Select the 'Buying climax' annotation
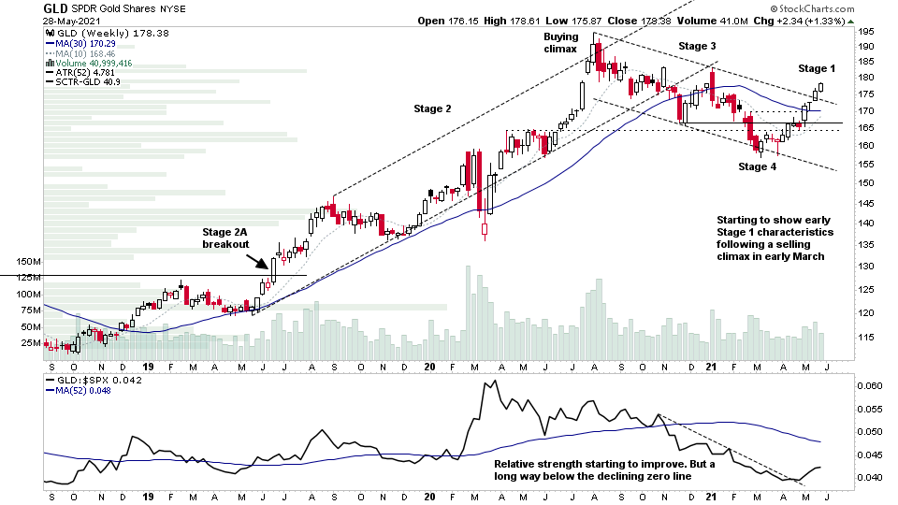(x=561, y=43)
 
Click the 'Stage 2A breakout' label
(x=226, y=238)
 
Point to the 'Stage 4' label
(x=758, y=166)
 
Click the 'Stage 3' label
(x=698, y=46)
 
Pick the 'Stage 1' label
(x=818, y=68)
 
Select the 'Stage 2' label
(x=433, y=108)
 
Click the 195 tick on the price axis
(x=867, y=32)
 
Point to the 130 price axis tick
(x=867, y=267)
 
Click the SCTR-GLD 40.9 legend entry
(x=83, y=83)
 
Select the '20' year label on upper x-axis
(x=429, y=368)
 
